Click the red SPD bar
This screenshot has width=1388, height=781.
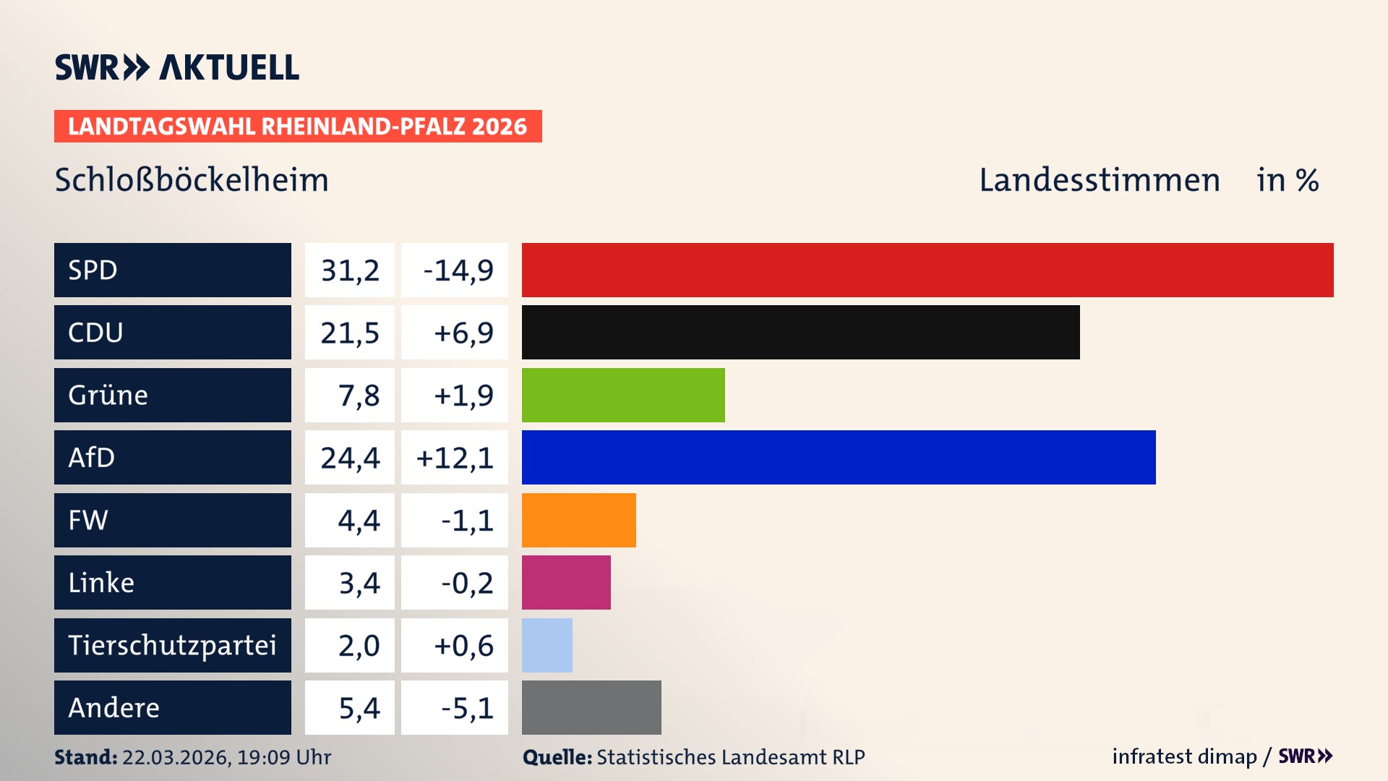(x=928, y=270)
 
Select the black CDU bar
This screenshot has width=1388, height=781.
(x=800, y=332)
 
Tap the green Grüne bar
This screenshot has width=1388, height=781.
(x=623, y=395)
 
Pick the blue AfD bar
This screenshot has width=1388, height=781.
(x=839, y=457)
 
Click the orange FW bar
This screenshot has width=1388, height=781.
(x=578, y=520)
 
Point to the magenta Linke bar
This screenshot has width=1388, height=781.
(x=566, y=582)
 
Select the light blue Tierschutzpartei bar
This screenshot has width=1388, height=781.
(x=547, y=645)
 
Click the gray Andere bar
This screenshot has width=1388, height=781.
(x=591, y=707)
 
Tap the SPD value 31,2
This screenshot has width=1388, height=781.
(x=350, y=270)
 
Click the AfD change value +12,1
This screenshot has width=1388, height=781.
(x=455, y=458)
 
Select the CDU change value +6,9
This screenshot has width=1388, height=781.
(x=463, y=333)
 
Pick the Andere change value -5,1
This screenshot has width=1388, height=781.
(x=466, y=708)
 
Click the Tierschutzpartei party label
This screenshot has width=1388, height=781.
(x=172, y=645)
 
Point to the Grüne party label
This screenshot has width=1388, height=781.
(x=108, y=395)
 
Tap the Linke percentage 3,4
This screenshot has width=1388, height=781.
(x=359, y=583)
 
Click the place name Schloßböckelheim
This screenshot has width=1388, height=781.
(x=192, y=180)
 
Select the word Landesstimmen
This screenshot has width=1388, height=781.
(x=1099, y=180)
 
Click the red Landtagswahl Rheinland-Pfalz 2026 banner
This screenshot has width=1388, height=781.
(x=298, y=127)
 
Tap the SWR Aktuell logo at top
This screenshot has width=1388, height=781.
(x=177, y=67)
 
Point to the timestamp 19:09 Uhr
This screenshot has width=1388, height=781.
(x=283, y=757)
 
